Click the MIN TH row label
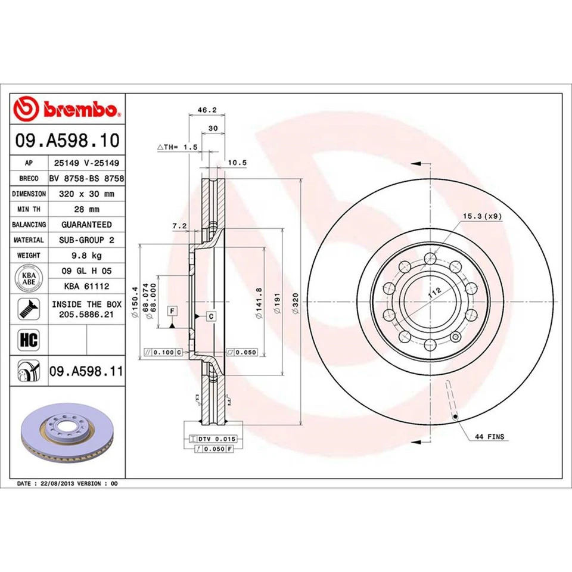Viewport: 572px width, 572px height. pyautogui.click(x=29, y=209)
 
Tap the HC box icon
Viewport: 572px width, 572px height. pyautogui.click(x=28, y=340)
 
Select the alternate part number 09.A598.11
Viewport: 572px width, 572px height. pyautogui.click(x=86, y=372)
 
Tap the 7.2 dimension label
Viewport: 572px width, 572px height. pyautogui.click(x=179, y=226)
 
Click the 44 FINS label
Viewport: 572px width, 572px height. pyautogui.click(x=489, y=437)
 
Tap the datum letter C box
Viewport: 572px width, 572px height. pyautogui.click(x=211, y=316)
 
